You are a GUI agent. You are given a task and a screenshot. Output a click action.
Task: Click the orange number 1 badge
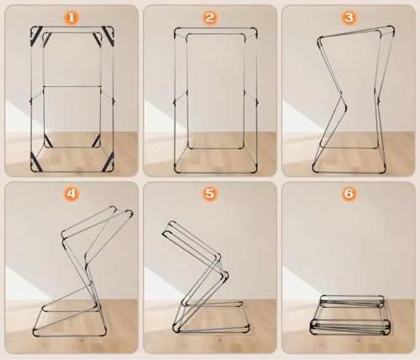(70, 18)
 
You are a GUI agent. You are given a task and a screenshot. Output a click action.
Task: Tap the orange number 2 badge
(209, 18)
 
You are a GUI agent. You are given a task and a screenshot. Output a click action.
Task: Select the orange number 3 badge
(348, 18)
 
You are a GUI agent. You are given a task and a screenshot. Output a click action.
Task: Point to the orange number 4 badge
(70, 194)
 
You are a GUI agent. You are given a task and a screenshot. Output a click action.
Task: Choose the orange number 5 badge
(209, 194)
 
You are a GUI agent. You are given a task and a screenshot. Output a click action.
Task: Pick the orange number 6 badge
(348, 194)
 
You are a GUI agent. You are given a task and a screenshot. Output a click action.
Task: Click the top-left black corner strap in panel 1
(36, 36)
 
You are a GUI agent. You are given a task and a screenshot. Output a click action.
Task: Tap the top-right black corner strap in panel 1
(108, 36)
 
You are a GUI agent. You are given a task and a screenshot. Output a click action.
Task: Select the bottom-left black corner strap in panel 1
(36, 162)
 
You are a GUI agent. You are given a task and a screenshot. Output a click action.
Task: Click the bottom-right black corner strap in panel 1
(108, 162)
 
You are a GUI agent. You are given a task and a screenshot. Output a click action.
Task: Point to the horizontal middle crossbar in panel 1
(72, 86)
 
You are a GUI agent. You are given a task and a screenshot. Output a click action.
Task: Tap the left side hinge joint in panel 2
(175, 102)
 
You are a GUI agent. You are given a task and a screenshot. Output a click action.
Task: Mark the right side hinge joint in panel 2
(257, 102)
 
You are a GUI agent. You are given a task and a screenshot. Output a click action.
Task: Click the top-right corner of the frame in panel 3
(392, 28)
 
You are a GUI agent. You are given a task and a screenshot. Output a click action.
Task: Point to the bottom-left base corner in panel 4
(35, 332)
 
